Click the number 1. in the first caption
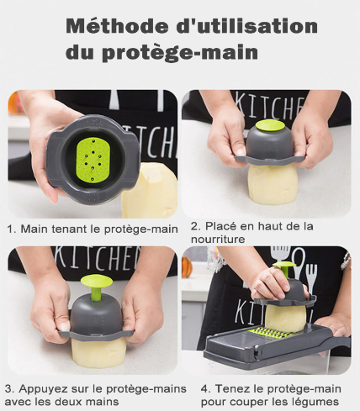tap(12, 229)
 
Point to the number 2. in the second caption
tap(195, 226)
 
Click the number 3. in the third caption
tap(10, 389)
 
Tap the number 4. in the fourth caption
tap(206, 389)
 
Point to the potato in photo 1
tap(150, 189)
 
